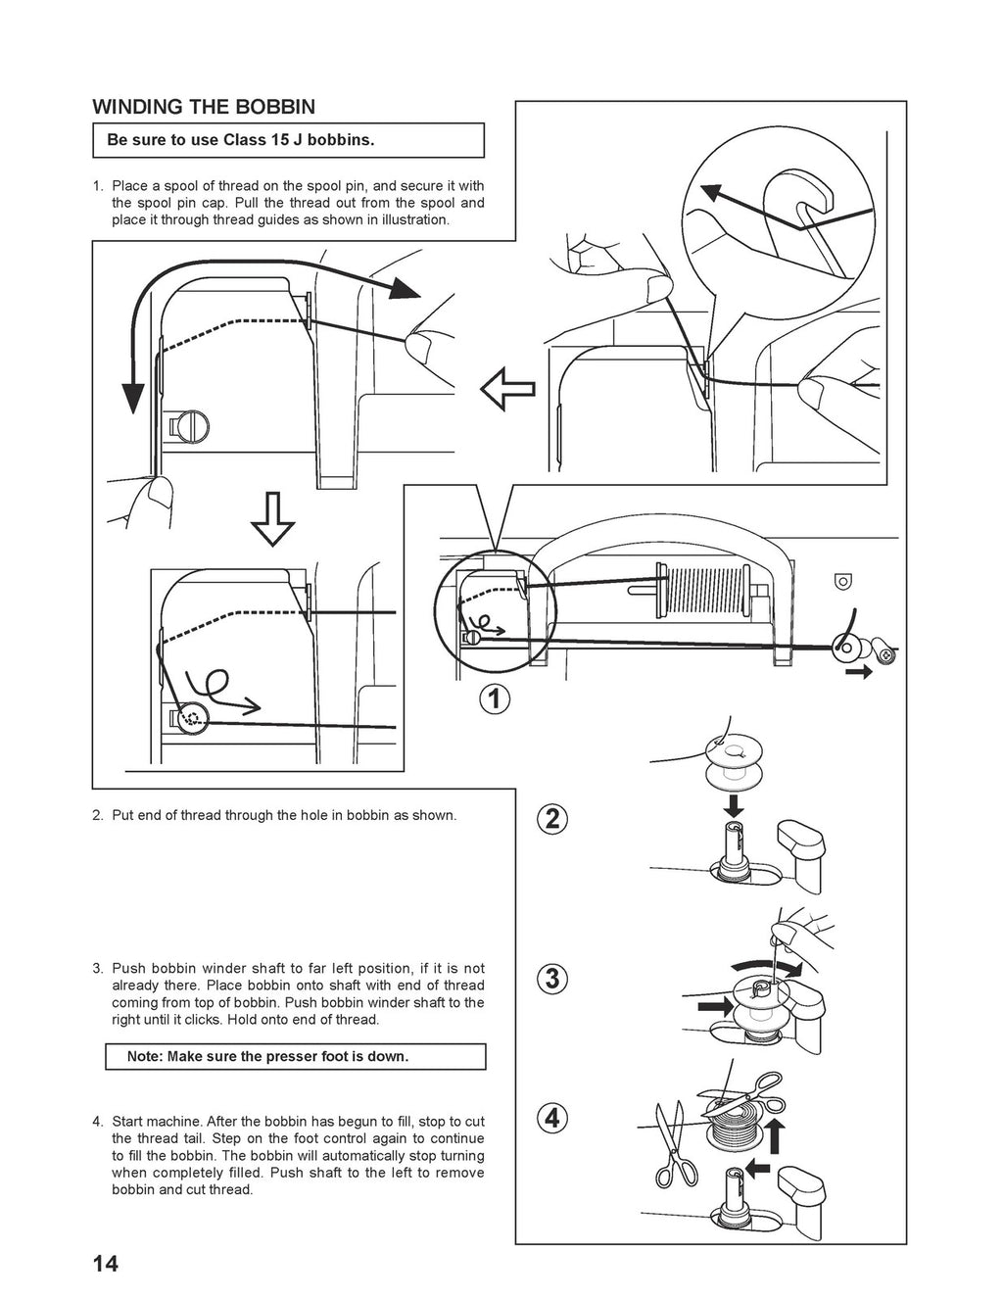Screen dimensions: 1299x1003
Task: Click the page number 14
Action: (x=105, y=1264)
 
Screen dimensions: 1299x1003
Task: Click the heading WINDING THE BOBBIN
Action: (x=203, y=107)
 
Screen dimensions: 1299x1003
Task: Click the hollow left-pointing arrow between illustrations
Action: (x=507, y=388)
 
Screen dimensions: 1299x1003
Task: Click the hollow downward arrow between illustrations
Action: (x=273, y=518)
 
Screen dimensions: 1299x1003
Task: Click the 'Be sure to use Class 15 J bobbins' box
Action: (x=288, y=140)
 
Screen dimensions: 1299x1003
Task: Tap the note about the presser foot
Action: (x=295, y=1057)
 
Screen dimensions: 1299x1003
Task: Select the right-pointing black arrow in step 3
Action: (x=714, y=1005)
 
